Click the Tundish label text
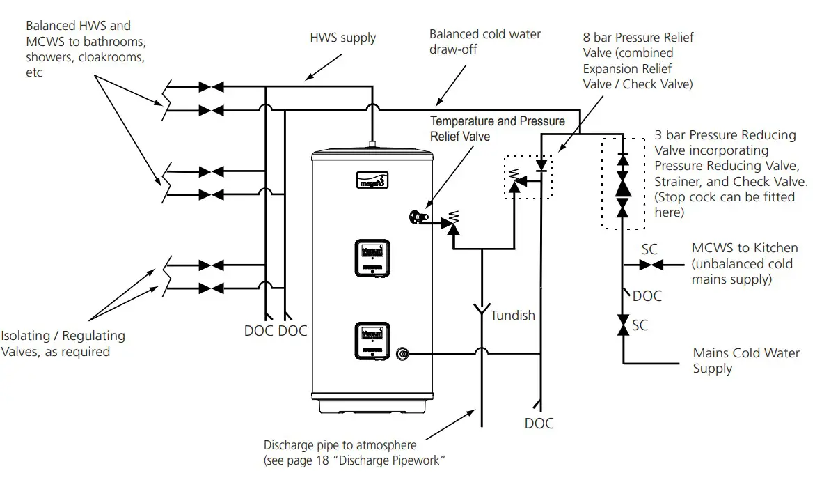[513, 316]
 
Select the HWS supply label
[343, 37]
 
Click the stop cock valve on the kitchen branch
[651, 265]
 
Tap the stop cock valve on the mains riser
[623, 325]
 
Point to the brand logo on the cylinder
[376, 180]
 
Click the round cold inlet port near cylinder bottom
[402, 354]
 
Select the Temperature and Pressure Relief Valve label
[497, 128]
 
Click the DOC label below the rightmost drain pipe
[539, 423]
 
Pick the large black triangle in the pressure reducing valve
[623, 186]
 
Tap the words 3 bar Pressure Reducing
[725, 135]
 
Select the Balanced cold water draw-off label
[484, 42]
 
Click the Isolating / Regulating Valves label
[63, 343]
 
